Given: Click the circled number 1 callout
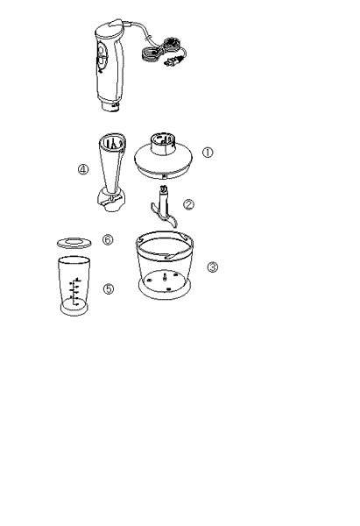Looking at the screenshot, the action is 208,153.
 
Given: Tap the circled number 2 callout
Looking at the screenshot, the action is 188,204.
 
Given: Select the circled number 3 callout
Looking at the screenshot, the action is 213,267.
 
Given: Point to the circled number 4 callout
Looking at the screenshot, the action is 83,169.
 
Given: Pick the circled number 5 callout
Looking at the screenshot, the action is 108,288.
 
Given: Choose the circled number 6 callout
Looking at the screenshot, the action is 108,239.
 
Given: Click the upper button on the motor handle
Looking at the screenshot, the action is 102,50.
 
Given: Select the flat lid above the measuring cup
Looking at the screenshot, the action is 74,243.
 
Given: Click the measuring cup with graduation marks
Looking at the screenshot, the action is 74,286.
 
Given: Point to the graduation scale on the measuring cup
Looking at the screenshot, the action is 74,291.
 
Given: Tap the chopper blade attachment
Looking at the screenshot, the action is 165,207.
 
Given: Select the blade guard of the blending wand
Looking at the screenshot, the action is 110,200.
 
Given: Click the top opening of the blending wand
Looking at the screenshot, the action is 113,142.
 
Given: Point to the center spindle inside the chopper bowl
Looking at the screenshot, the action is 166,278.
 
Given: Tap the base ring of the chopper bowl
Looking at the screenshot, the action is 165,290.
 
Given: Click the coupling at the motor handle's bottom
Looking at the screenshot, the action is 110,107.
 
